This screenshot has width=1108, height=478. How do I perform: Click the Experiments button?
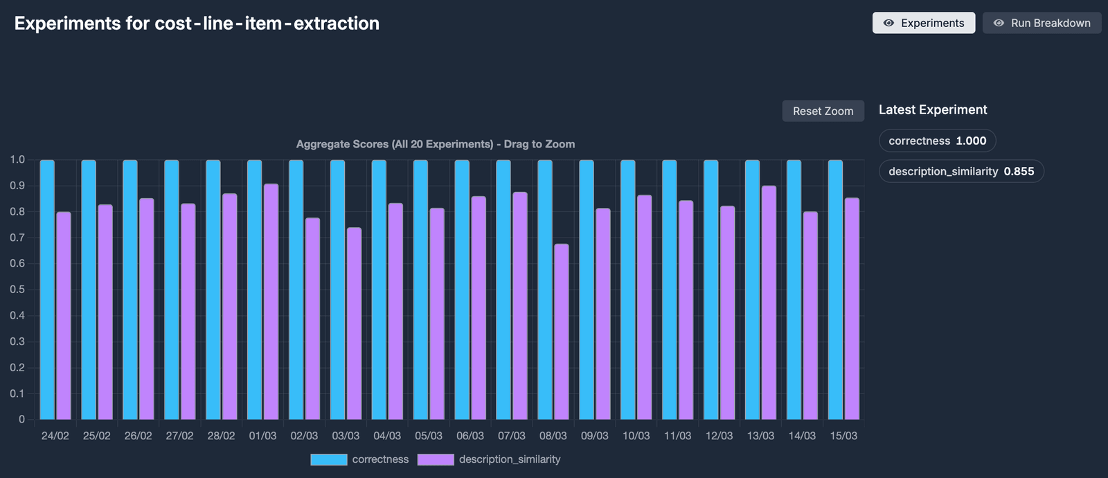tap(924, 23)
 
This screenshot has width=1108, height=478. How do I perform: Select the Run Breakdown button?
tap(1042, 23)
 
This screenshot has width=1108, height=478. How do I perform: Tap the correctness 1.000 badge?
tap(938, 141)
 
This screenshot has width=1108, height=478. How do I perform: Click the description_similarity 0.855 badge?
tap(961, 171)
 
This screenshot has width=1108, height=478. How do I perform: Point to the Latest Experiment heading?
tap(933, 109)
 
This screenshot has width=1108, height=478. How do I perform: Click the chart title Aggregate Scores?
tap(436, 144)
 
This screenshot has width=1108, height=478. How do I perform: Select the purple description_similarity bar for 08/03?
tap(562, 332)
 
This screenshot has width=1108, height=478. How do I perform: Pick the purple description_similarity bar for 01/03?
tap(271, 302)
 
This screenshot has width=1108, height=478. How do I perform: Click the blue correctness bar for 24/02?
tap(47, 290)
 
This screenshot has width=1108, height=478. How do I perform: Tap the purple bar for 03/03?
tap(354, 324)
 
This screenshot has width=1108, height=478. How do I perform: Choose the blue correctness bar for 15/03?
tap(835, 290)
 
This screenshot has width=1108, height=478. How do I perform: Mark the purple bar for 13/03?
tap(769, 303)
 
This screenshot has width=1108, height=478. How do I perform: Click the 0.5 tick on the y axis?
tap(17, 290)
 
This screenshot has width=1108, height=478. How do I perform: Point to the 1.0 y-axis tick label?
tap(17, 159)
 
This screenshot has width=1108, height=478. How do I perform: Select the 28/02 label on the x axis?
tap(221, 436)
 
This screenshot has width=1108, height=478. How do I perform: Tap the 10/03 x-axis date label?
tap(636, 436)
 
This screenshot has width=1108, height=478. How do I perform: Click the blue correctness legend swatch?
tap(329, 460)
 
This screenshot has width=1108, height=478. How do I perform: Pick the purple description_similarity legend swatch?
tap(436, 460)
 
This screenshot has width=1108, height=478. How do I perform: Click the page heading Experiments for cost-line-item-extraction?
tap(197, 24)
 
